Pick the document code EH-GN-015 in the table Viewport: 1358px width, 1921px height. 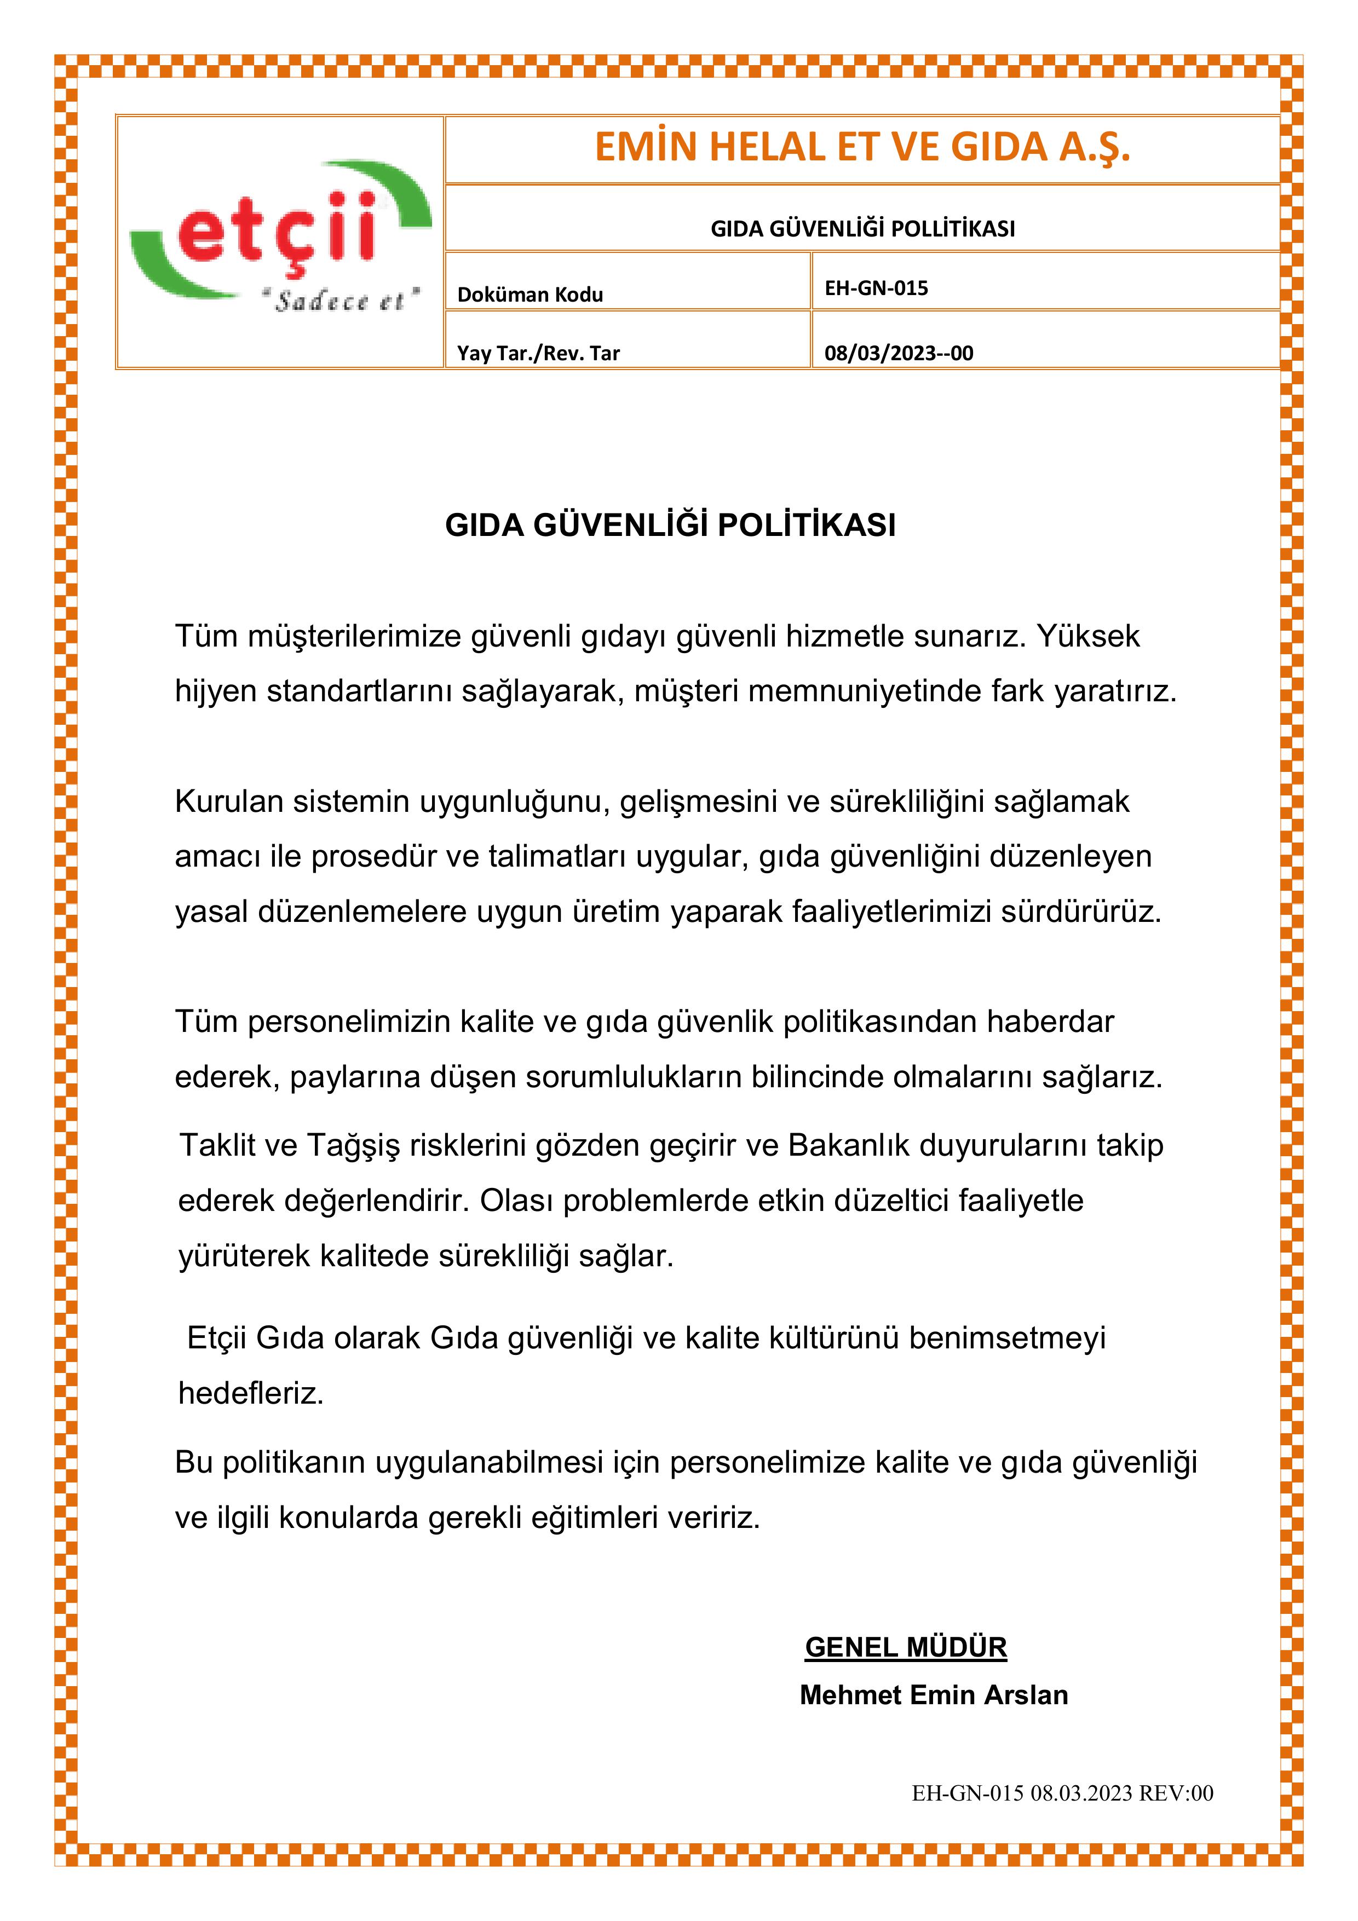coord(876,288)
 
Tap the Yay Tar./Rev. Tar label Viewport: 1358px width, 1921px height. coord(538,353)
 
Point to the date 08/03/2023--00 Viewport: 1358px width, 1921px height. coord(899,353)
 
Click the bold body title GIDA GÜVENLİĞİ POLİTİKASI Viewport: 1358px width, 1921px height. coord(670,526)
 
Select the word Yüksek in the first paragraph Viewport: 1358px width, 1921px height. coord(1089,637)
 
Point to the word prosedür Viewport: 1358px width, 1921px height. coord(377,857)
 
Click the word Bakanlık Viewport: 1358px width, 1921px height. coord(848,1145)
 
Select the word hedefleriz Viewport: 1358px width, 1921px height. coord(251,1393)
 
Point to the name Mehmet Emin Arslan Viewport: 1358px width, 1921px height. coord(934,1694)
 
